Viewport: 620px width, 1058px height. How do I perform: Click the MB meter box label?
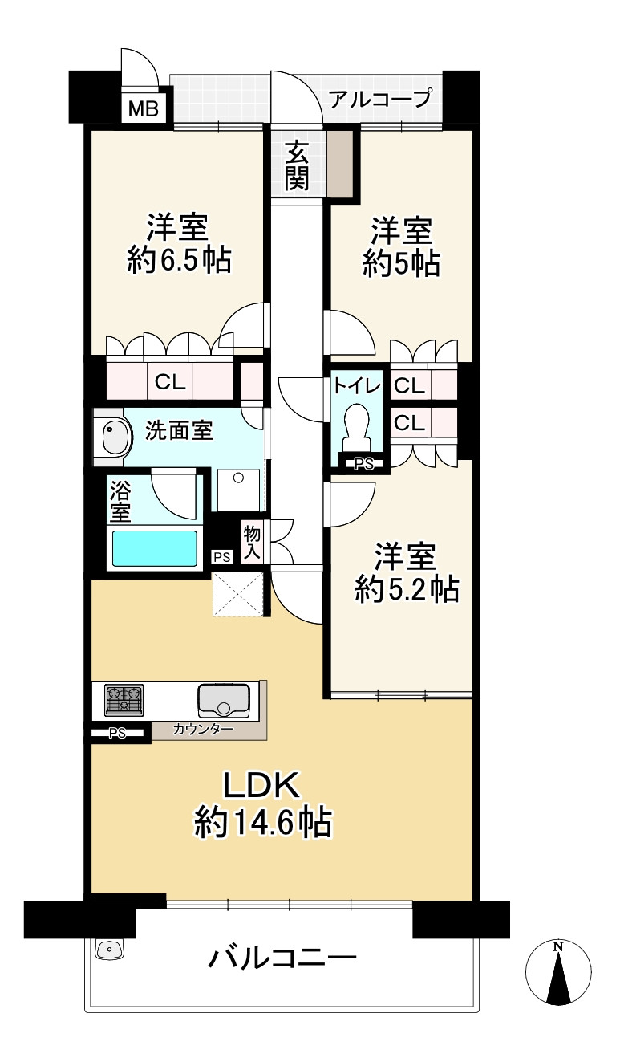pyautogui.click(x=144, y=110)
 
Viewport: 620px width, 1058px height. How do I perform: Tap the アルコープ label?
pyautogui.click(x=380, y=99)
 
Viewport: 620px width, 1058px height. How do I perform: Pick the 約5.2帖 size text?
pyautogui.click(x=407, y=589)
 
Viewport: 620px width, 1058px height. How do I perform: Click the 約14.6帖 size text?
pyautogui.click(x=263, y=822)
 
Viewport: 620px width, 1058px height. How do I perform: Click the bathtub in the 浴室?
pyautogui.click(x=153, y=548)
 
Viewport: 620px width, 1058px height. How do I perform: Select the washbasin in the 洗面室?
pyautogui.click(x=115, y=437)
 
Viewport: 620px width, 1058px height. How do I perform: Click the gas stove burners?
pyautogui.click(x=124, y=701)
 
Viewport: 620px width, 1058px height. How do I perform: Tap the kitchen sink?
pyautogui.click(x=224, y=699)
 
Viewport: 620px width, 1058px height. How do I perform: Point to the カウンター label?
pyautogui.click(x=204, y=729)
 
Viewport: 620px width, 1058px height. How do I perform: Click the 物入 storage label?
pyautogui.click(x=252, y=543)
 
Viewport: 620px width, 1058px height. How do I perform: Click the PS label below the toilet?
pyautogui.click(x=364, y=464)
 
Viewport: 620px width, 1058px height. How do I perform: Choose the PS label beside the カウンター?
pyautogui.click(x=117, y=734)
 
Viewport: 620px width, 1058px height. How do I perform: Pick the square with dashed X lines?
pyautogui.click(x=237, y=594)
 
